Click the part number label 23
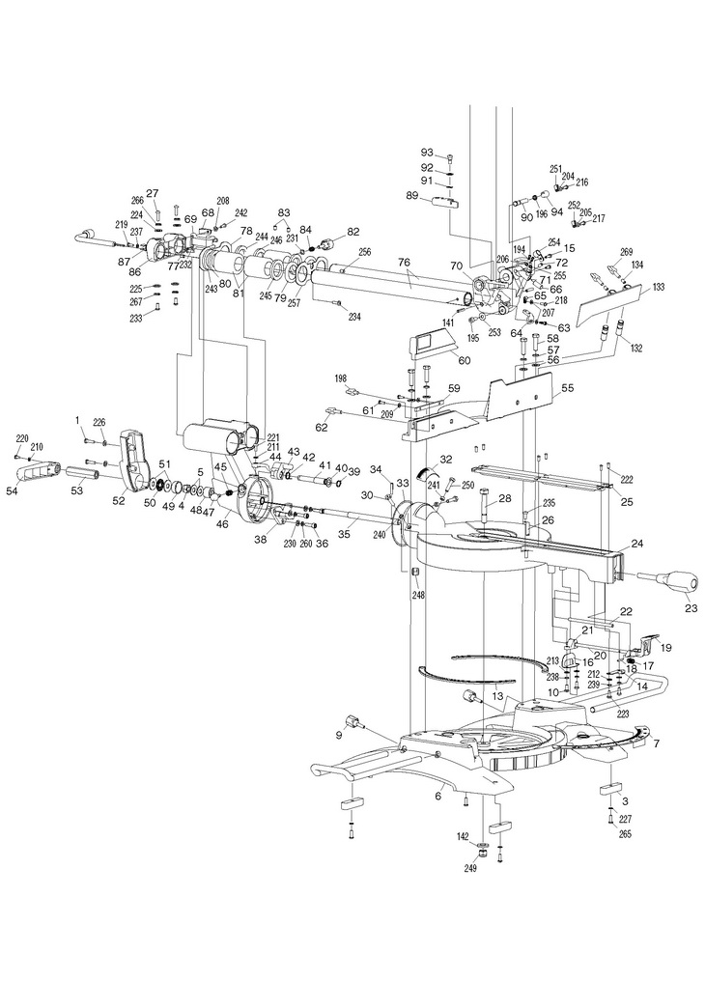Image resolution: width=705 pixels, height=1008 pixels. tap(691, 607)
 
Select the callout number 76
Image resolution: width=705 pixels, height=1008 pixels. tap(404, 262)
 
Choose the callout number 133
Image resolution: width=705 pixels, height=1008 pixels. tap(658, 287)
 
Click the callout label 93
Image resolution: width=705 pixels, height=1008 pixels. tap(427, 153)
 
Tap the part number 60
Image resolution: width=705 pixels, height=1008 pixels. tap(464, 360)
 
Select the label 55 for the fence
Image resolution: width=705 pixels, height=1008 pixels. tap(568, 388)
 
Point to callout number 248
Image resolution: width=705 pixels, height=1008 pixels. tap(418, 596)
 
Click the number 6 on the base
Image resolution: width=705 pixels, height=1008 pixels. tap(438, 796)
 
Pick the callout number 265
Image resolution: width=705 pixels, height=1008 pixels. tap(625, 834)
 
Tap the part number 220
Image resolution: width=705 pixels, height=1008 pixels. tap(22, 437)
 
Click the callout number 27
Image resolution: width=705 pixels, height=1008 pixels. tap(152, 193)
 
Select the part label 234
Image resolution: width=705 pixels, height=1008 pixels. tap(353, 317)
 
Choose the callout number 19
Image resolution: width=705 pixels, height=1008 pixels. tap(665, 647)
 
